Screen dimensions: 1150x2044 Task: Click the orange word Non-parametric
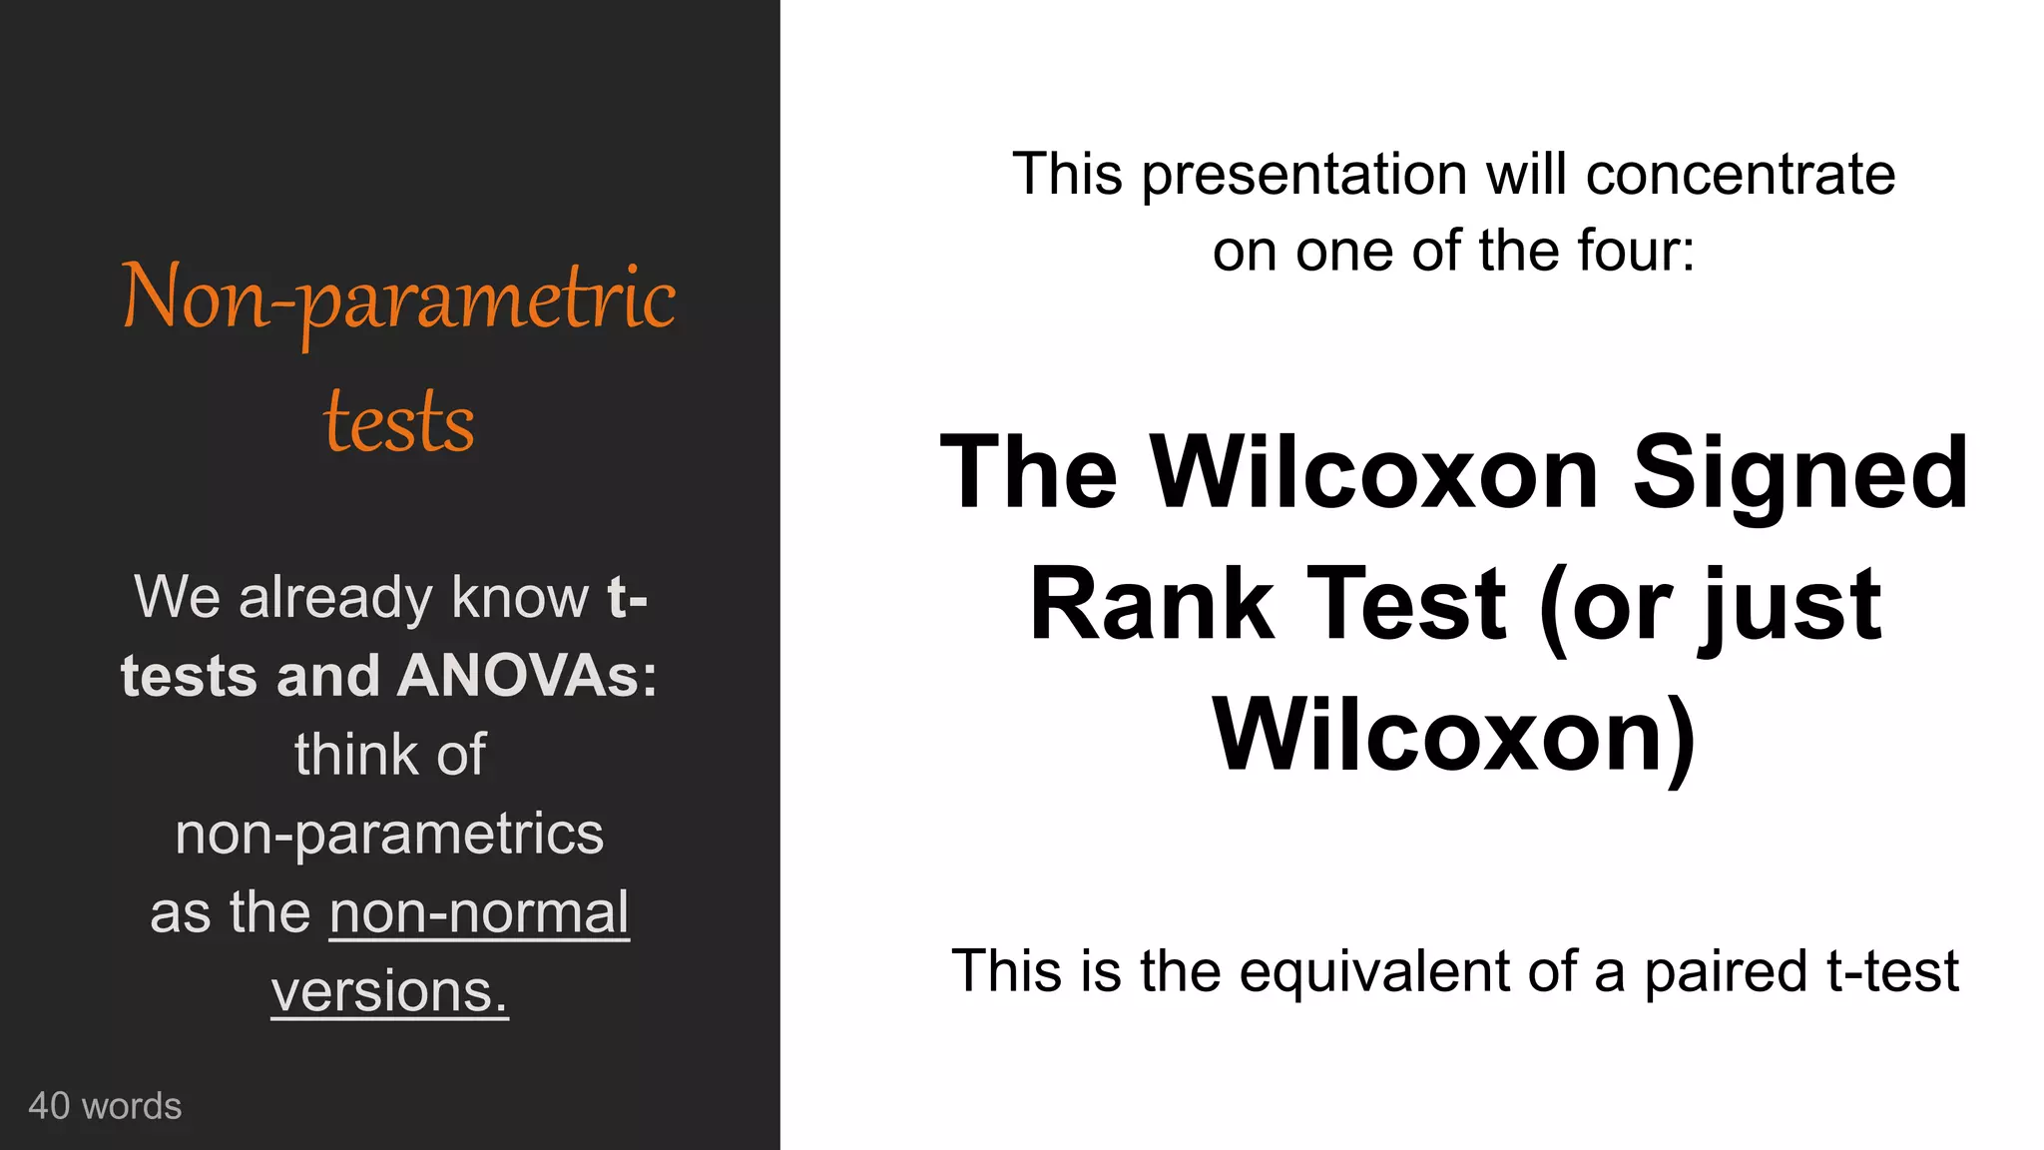[398, 297]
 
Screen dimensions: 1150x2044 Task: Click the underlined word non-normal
[479, 912]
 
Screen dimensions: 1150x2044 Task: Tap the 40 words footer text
[105, 1106]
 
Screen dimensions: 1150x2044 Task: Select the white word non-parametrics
[389, 834]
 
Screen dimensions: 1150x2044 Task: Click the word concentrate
[1740, 176]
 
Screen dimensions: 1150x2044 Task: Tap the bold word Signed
[1799, 473]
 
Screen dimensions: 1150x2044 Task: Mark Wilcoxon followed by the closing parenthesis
[1454, 736]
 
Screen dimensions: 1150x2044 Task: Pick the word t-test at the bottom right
[1892, 971]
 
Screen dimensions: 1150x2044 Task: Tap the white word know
[520, 598]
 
